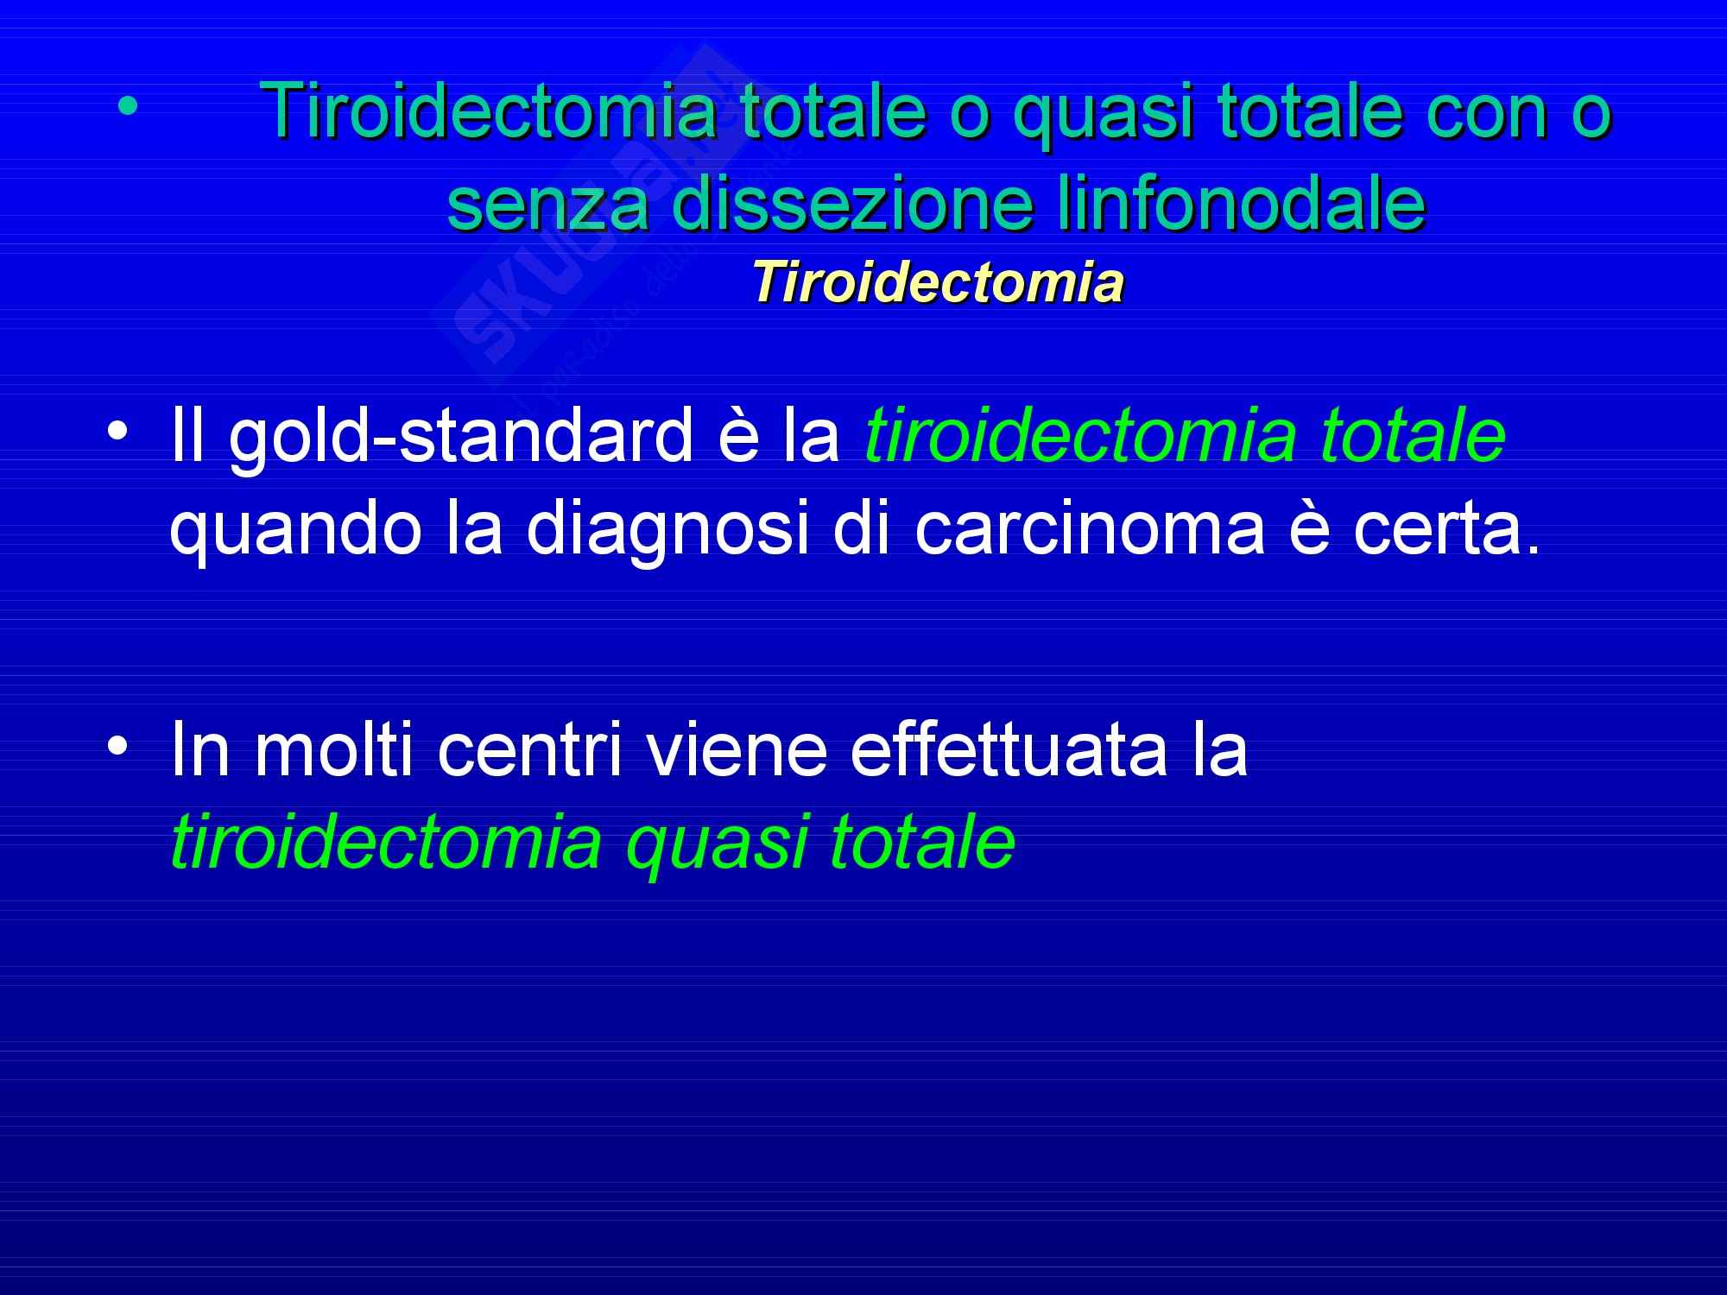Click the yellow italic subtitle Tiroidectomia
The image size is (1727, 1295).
[x=938, y=283]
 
